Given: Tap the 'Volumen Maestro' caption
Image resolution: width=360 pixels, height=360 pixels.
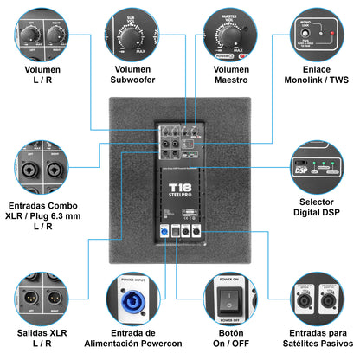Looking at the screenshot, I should tap(227, 74).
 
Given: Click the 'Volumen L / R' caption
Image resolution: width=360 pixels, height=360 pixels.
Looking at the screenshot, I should tap(40, 74).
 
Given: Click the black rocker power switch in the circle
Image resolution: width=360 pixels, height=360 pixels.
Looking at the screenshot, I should tap(227, 299).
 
